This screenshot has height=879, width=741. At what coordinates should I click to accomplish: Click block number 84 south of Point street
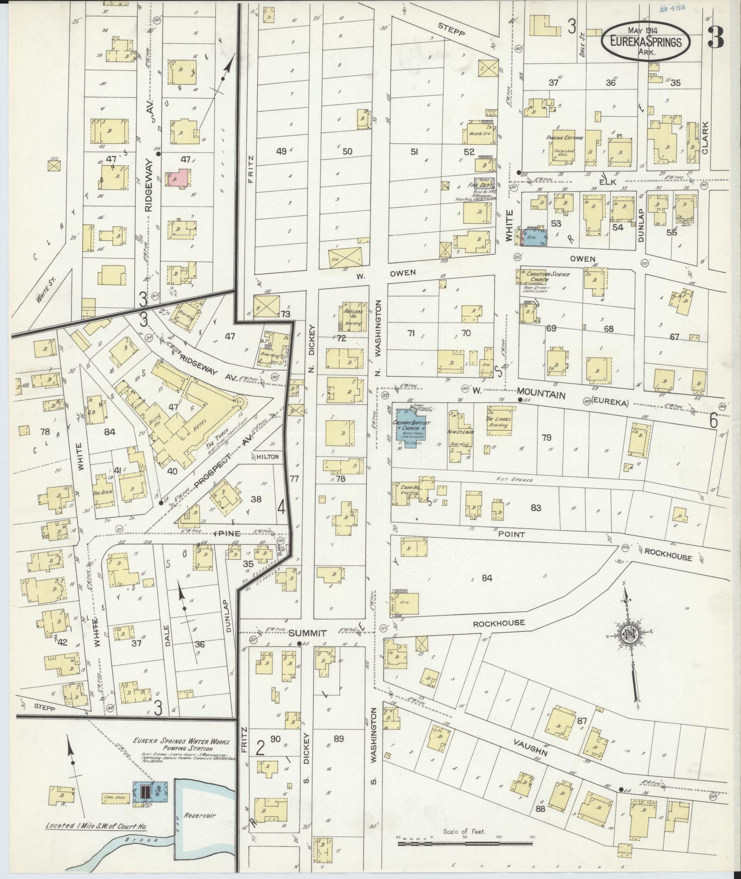point(486,578)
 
